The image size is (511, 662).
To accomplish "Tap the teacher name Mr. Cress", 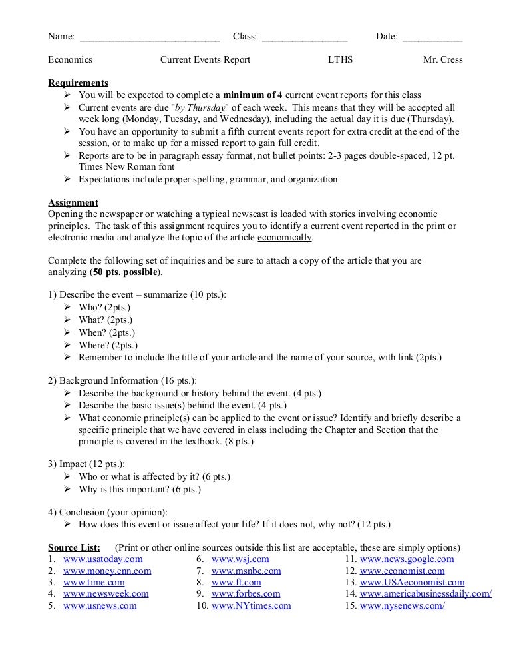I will point(442,60).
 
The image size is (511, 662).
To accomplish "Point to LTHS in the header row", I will point(341,60).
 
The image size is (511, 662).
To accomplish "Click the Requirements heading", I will point(78,83).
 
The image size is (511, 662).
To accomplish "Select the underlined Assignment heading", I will point(73,202).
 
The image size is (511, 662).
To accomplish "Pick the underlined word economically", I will point(284,238).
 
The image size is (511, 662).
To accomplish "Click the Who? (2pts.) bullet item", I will point(104,307).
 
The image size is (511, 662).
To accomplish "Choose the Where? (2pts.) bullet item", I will point(108,345).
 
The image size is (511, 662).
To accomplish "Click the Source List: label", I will point(74,547).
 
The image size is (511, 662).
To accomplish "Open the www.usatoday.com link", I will point(102,559).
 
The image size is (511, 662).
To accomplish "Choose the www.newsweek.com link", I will point(106,594).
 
